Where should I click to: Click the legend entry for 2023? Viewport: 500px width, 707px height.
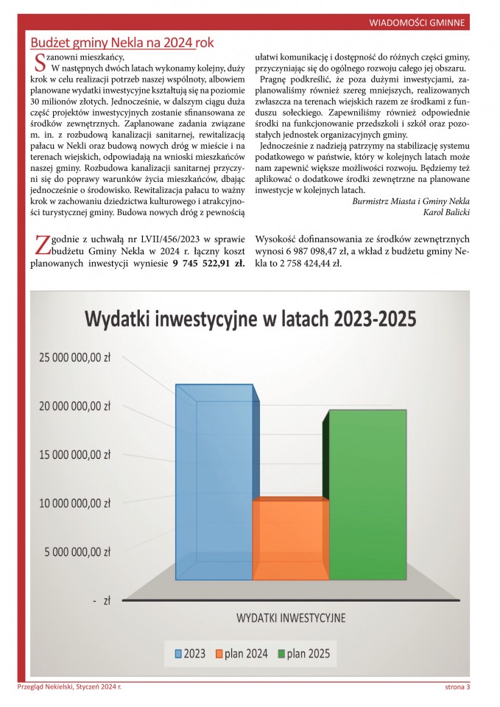tap(190, 653)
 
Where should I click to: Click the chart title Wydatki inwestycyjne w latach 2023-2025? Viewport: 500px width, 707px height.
tap(250, 319)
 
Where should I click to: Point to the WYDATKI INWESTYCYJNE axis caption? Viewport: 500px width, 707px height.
tap(291, 617)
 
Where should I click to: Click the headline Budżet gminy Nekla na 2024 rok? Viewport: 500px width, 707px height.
tap(122, 43)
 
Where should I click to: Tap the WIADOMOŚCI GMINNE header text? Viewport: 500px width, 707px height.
tap(417, 24)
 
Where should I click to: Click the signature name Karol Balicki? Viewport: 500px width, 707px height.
tap(447, 212)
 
